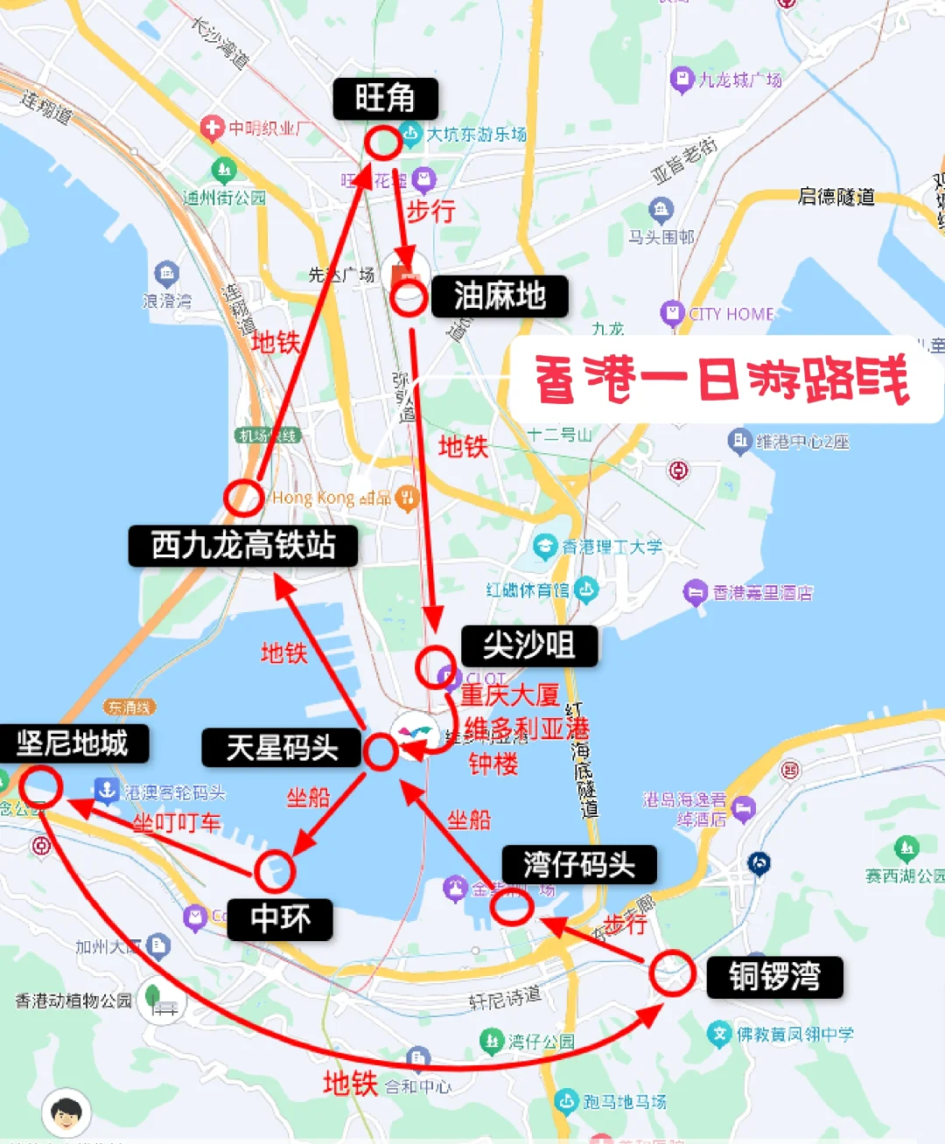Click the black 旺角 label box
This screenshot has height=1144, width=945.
(x=385, y=98)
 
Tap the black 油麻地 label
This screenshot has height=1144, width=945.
(x=500, y=296)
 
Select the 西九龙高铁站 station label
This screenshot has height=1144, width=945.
(x=243, y=545)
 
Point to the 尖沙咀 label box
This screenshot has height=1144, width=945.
(x=529, y=645)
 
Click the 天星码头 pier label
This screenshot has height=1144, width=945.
(x=282, y=748)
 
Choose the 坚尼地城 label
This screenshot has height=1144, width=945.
(x=73, y=743)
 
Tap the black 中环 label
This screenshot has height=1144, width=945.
(x=280, y=919)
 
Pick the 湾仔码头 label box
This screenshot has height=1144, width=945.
(x=579, y=865)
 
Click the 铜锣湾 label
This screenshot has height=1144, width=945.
(x=774, y=976)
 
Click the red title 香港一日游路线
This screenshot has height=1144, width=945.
(x=723, y=380)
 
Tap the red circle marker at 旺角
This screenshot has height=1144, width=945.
(x=382, y=143)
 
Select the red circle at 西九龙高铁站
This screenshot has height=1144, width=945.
(x=243, y=498)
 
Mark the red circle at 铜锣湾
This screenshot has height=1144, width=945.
(x=672, y=973)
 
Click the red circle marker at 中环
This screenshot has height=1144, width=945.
(x=275, y=871)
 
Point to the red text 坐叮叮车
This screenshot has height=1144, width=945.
(x=177, y=823)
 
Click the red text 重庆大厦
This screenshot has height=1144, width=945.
(x=509, y=695)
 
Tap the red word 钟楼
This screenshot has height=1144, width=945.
(x=493, y=764)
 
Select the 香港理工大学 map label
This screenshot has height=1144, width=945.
(x=611, y=547)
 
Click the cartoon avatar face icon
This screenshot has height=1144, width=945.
(x=66, y=1113)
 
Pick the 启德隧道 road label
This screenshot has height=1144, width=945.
(x=836, y=197)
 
